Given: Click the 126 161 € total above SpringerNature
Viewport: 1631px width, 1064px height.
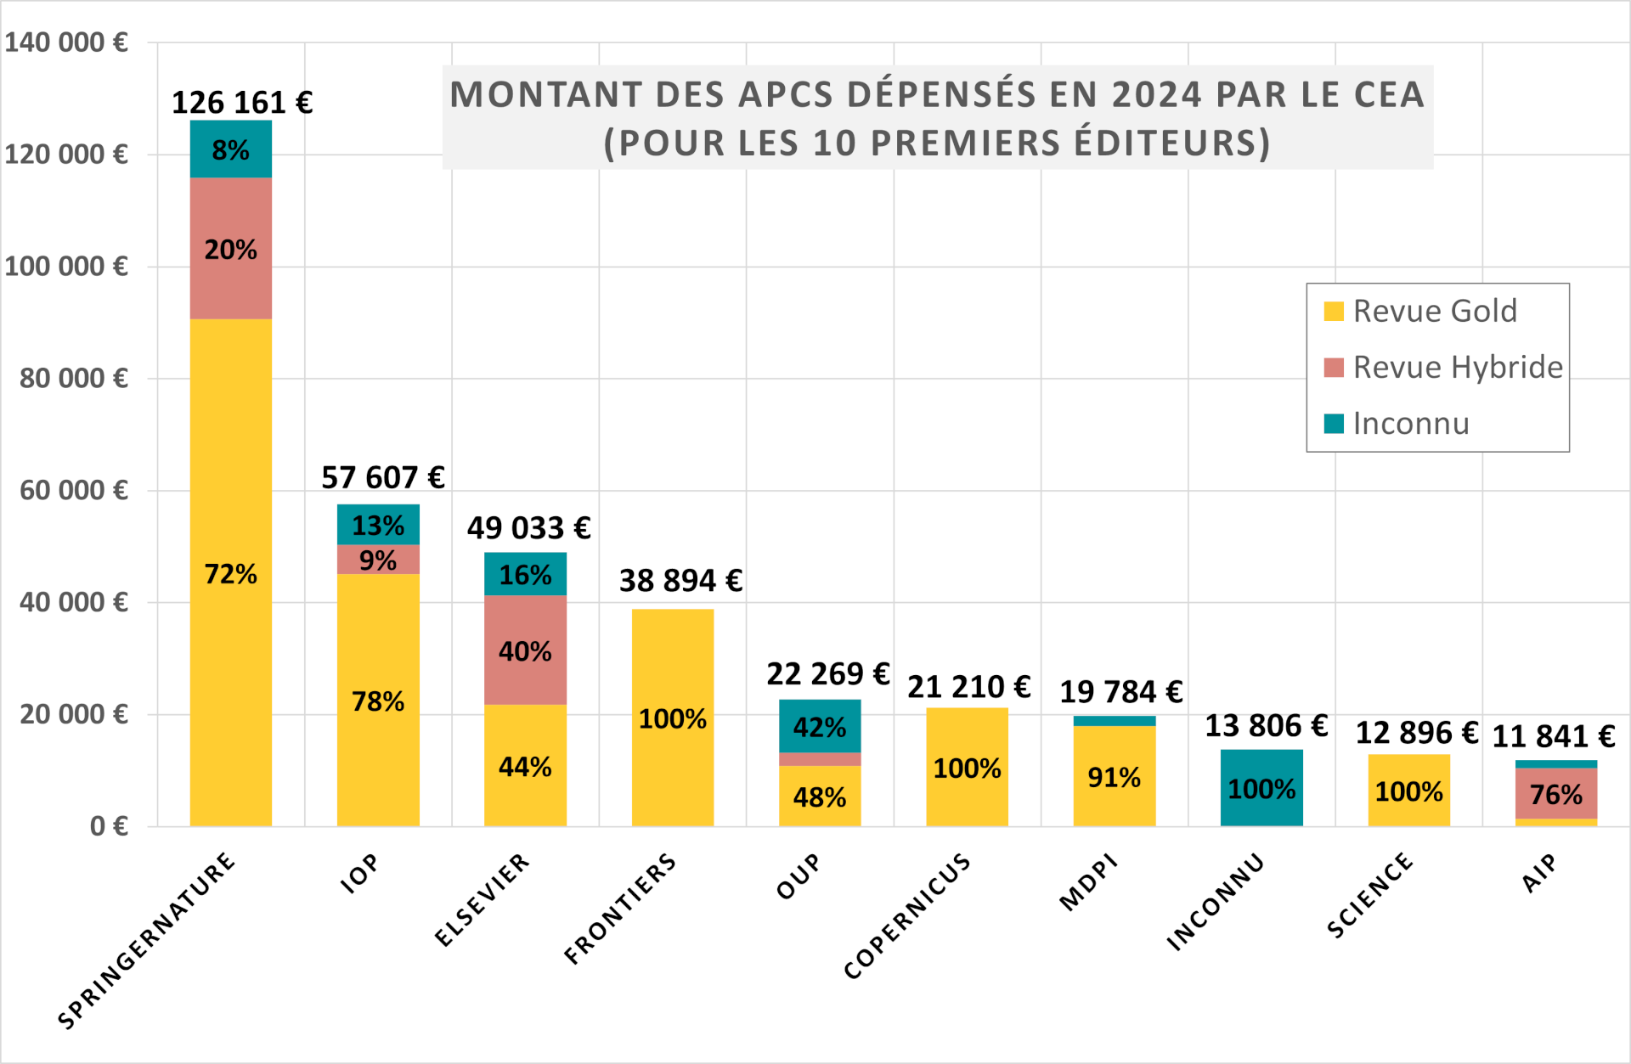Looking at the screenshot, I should click(242, 103).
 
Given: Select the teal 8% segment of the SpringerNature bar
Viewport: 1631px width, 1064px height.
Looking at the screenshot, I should click(230, 149).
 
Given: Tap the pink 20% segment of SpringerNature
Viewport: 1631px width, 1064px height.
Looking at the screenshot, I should click(230, 249).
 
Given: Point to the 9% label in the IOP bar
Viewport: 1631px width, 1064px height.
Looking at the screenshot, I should click(378, 560).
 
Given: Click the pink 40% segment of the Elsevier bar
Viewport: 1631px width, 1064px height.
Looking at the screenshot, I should click(525, 650).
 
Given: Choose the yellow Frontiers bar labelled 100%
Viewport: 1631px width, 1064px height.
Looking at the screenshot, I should click(672, 718).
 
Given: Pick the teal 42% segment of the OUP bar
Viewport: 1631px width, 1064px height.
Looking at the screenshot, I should click(820, 727).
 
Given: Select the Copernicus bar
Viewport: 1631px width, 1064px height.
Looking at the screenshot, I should click(967, 768).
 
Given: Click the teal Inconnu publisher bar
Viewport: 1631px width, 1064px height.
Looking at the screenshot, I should click(1261, 788).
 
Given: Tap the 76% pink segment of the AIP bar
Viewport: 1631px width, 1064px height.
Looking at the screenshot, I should click(1556, 794).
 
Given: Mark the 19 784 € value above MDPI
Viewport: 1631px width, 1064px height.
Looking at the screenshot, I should click(1120, 692).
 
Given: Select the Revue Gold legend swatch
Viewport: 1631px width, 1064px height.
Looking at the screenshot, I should click(1334, 312).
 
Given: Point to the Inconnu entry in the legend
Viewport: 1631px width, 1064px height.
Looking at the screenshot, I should click(1410, 423).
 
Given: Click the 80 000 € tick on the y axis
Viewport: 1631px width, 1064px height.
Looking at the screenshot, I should click(74, 378).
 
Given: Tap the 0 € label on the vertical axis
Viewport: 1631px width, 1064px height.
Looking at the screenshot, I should click(109, 826).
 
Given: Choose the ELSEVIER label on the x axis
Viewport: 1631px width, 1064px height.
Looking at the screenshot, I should click(482, 900).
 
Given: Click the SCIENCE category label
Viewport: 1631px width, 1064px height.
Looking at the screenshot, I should click(1369, 896).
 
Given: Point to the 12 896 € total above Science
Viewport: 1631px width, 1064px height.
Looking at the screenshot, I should click(1416, 733).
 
